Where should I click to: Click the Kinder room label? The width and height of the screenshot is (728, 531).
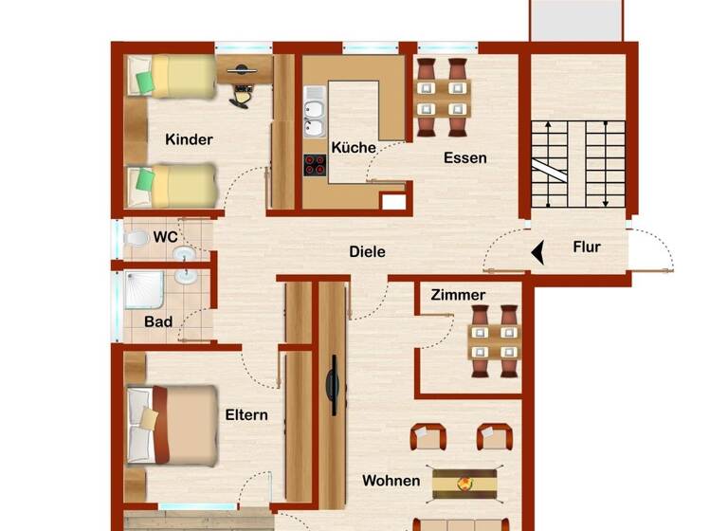tap(189, 139)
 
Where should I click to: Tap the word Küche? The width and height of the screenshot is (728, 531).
tap(353, 148)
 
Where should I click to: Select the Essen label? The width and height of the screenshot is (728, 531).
tap(465, 157)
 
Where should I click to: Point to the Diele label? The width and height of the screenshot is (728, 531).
tap(367, 252)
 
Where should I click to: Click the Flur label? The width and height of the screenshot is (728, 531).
tap(587, 247)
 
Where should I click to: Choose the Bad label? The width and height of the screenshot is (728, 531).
tap(158, 322)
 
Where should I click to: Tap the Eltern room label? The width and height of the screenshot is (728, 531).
tap(246, 414)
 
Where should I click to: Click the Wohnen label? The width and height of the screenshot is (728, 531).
tap(391, 481)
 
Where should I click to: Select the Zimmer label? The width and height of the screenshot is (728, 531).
tap(458, 295)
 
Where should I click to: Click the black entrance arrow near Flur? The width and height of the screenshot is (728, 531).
tap(537, 253)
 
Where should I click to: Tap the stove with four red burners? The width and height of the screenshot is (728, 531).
tap(315, 165)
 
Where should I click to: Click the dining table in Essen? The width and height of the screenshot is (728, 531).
tap(443, 98)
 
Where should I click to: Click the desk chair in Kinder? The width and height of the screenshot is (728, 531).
tap(244, 93)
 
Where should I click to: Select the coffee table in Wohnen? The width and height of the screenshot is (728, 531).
tap(465, 482)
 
